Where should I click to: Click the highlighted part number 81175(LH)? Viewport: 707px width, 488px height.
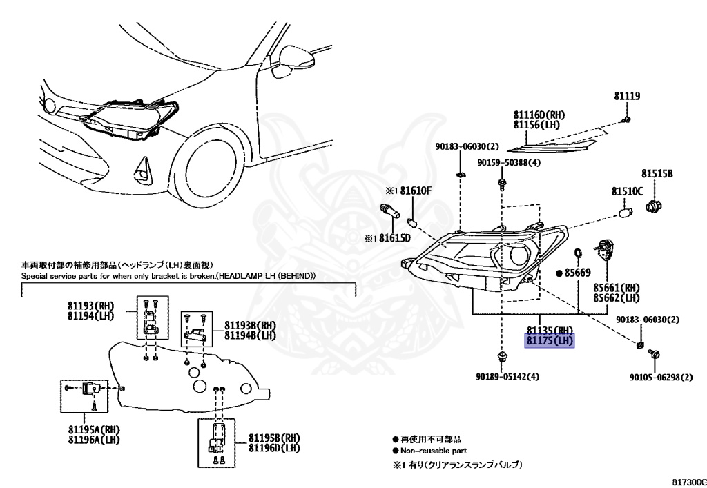click(x=550, y=341)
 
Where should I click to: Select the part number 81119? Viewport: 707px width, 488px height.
click(x=627, y=97)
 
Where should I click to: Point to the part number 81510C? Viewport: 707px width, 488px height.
click(x=626, y=191)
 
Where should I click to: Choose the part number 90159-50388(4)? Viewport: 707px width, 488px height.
click(x=510, y=163)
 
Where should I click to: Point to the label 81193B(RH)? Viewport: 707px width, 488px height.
click(x=249, y=325)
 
